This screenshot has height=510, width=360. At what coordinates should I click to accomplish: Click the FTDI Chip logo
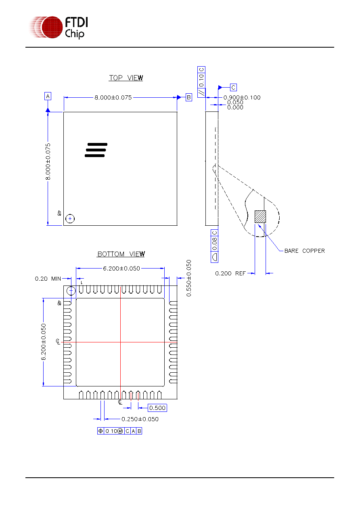tap(59, 27)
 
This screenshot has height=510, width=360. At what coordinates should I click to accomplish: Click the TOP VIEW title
tap(126, 78)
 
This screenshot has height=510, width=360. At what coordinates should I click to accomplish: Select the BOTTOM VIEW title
tap(121, 254)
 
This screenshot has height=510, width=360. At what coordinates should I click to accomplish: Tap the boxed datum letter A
tap(48, 96)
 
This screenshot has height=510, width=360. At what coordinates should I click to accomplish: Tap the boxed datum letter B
tap(188, 97)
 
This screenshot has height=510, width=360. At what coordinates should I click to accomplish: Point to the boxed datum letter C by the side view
tap(233, 87)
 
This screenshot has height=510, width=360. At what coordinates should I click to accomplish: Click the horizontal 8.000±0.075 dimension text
tap(113, 97)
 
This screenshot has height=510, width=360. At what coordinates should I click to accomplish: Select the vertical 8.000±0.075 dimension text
tap(48, 162)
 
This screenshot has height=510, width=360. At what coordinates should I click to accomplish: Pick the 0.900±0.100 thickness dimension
tap(242, 97)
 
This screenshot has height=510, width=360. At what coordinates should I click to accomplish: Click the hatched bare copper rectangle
tap(260, 216)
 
